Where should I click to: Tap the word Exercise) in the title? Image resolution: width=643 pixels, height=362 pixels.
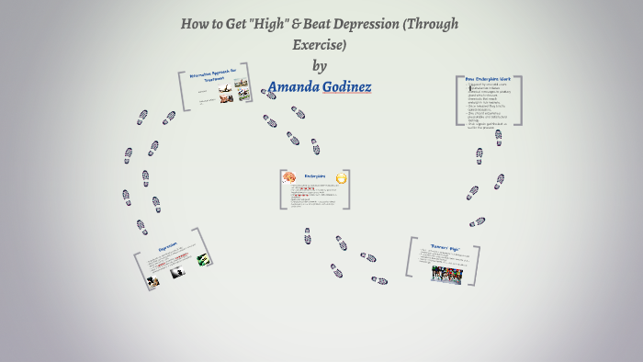click(320, 44)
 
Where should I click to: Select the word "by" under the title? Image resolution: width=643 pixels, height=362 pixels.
click(320, 65)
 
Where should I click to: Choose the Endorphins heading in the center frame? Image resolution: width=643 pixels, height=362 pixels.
click(316, 175)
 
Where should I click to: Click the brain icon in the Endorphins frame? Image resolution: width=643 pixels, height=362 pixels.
click(288, 176)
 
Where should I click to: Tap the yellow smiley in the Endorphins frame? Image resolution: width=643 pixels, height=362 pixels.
click(342, 177)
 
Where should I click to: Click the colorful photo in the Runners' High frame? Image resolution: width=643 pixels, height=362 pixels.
click(446, 274)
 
